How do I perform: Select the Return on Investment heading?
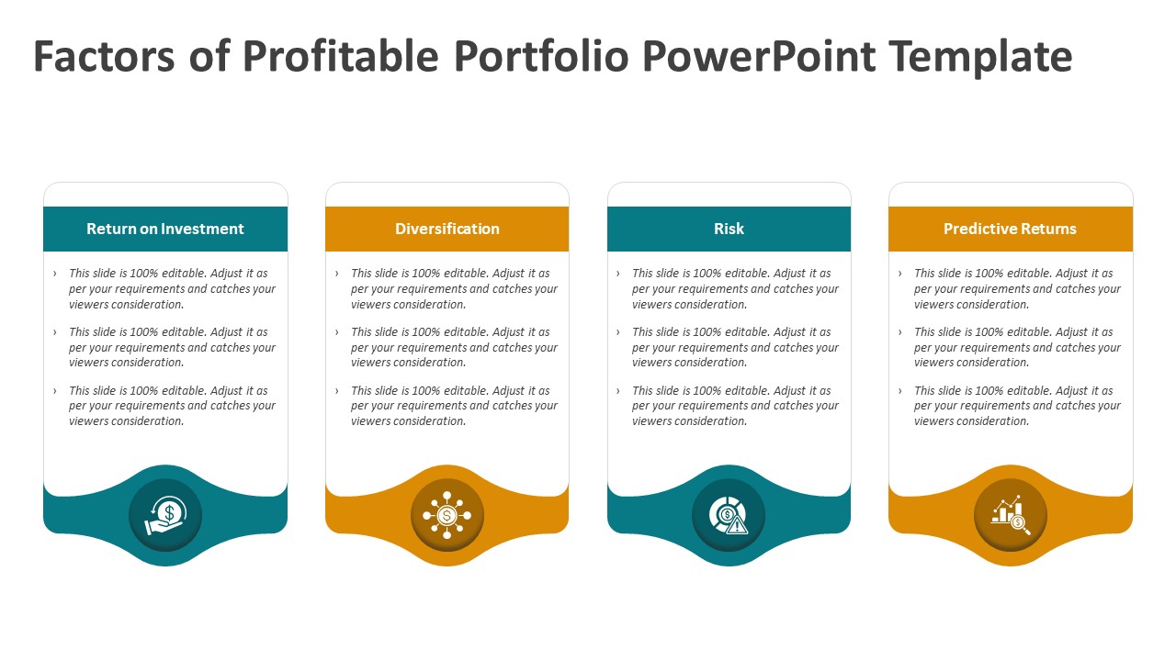coord(165,229)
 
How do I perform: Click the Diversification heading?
coord(447,229)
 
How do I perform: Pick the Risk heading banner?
coord(729,229)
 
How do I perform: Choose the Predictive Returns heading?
coord(1010,229)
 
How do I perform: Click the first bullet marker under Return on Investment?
coord(55,274)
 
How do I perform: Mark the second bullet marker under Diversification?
coord(337,332)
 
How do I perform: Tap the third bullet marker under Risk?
coord(618,391)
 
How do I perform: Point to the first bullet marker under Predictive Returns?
coord(900,274)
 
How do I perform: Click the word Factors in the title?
coord(103,57)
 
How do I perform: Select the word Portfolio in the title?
coord(541,57)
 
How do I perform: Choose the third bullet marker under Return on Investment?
coord(55,391)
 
